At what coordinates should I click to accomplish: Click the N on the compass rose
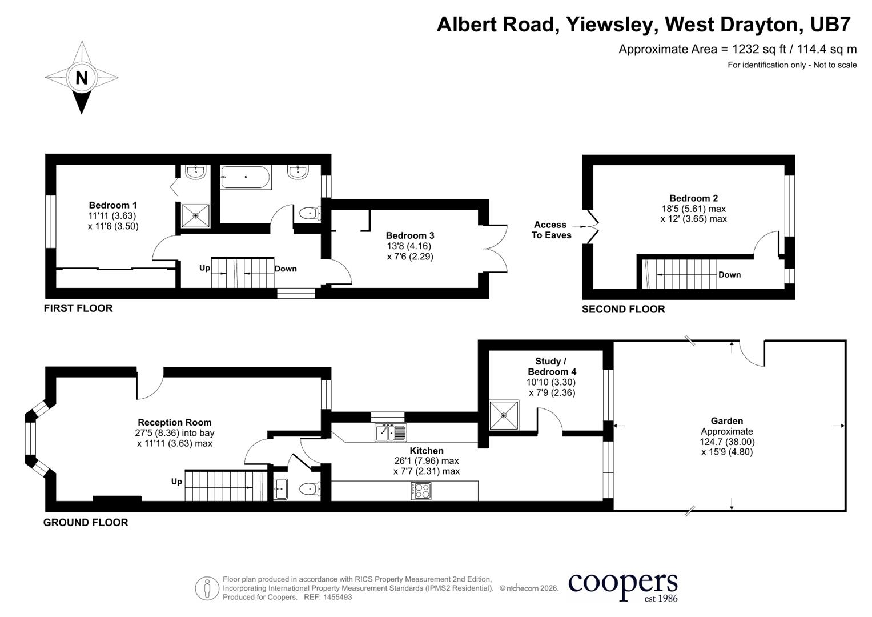pyautogui.click(x=81, y=78)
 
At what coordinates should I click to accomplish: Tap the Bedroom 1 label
pyautogui.click(x=113, y=205)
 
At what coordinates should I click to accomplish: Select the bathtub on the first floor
pyautogui.click(x=246, y=177)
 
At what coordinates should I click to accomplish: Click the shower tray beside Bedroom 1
pyautogui.click(x=196, y=215)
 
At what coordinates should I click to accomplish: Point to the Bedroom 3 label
pyautogui.click(x=410, y=235)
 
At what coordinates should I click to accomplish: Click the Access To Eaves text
pyautogui.click(x=551, y=230)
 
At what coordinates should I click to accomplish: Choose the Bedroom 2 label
pyautogui.click(x=694, y=198)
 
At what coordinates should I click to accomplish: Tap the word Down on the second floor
pyautogui.click(x=729, y=275)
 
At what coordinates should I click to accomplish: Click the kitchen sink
pyautogui.click(x=391, y=433)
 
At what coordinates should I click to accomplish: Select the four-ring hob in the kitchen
pyautogui.click(x=421, y=491)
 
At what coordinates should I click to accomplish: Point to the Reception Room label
pyautogui.click(x=175, y=423)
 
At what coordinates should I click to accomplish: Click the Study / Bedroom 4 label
pyautogui.click(x=552, y=367)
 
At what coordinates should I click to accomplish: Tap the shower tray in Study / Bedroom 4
pyautogui.click(x=504, y=415)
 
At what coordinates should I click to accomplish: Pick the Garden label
pyautogui.click(x=727, y=421)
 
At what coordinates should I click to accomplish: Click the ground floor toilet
pyautogui.click(x=310, y=488)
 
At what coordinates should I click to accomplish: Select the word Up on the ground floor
pyautogui.click(x=176, y=482)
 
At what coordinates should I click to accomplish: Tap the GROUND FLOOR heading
pyautogui.click(x=86, y=523)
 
